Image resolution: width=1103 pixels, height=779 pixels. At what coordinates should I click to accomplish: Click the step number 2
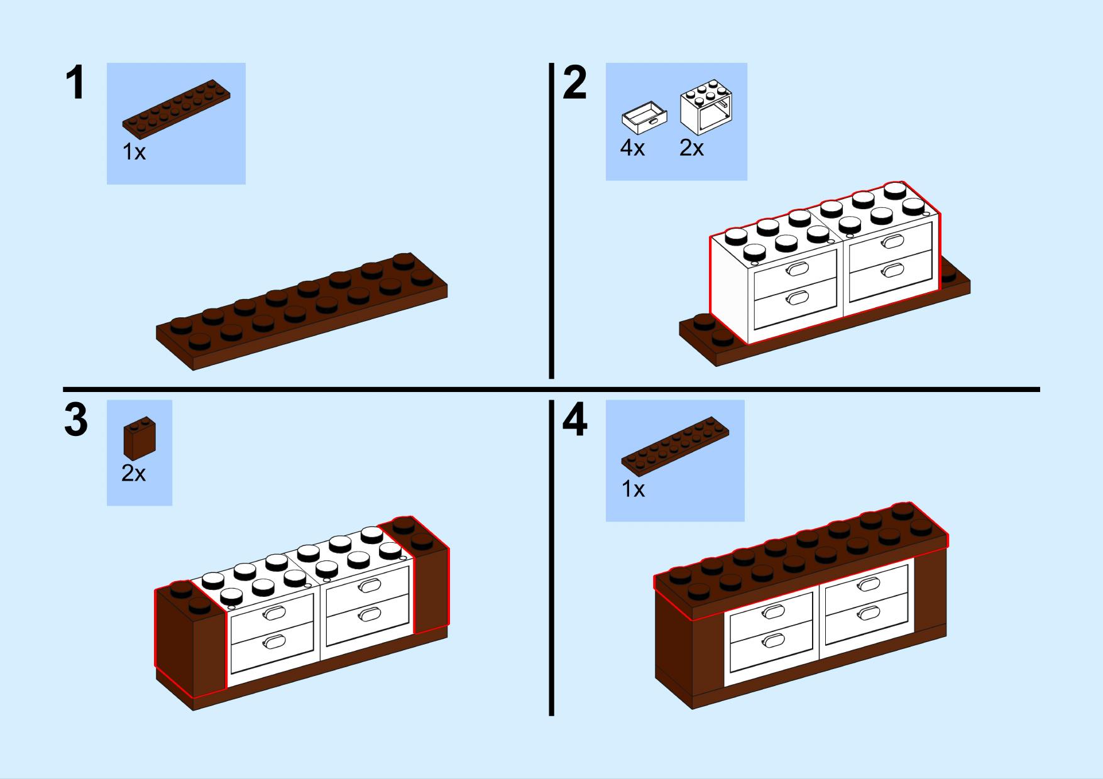[574, 84]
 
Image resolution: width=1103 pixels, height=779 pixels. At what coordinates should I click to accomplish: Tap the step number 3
[75, 420]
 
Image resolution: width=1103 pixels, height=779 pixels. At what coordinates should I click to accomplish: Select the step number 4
[574, 420]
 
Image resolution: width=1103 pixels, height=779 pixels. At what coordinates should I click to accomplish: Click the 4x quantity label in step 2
[632, 148]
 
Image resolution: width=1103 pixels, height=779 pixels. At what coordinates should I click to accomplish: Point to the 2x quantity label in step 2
[691, 148]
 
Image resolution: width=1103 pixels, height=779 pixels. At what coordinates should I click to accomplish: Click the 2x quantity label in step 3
[133, 474]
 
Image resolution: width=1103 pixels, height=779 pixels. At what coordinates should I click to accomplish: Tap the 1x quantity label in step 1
[134, 152]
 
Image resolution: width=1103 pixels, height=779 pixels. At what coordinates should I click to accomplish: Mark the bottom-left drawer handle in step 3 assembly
[275, 641]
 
